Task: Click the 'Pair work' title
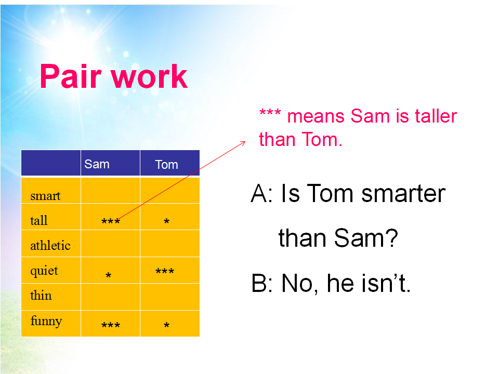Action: coord(114,76)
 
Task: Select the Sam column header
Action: coord(97,164)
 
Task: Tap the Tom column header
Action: coord(166,165)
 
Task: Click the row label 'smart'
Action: coord(45,196)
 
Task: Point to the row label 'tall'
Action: coord(39,220)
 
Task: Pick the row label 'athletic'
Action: coord(50,245)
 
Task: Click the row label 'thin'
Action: coord(41,295)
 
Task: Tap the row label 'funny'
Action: coord(46,321)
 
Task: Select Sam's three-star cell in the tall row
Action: coord(110,221)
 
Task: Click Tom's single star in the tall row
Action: coord(166,221)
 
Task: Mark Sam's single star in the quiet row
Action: coord(108,275)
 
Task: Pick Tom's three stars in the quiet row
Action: coord(165,271)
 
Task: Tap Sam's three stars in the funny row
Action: coord(110,325)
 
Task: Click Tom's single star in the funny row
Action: coord(166,325)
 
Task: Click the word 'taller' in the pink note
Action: coord(436,116)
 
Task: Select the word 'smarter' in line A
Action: coord(403,193)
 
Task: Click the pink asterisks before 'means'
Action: coord(270,112)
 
